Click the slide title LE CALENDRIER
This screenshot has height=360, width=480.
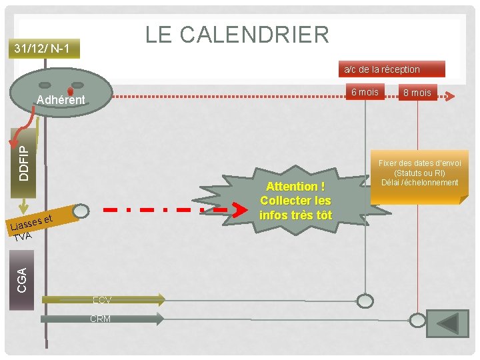point(237,35)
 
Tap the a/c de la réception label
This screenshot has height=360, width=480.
point(382,69)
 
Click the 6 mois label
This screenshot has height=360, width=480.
point(365,92)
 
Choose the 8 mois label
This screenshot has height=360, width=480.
point(417,93)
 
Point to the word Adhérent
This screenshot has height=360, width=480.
point(61,100)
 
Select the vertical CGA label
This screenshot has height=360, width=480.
point(23,279)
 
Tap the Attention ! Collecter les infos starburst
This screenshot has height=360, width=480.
point(295,201)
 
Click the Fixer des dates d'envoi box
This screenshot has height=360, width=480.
point(419,173)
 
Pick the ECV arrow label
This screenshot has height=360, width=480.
point(102,300)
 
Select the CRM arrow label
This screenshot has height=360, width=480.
point(101,319)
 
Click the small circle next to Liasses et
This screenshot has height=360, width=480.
point(80,211)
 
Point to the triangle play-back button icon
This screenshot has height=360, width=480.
point(443,323)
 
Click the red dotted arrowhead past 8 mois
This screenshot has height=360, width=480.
point(450,97)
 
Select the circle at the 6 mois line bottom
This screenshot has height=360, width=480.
point(365,301)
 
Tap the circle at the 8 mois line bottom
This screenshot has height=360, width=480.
point(417,320)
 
